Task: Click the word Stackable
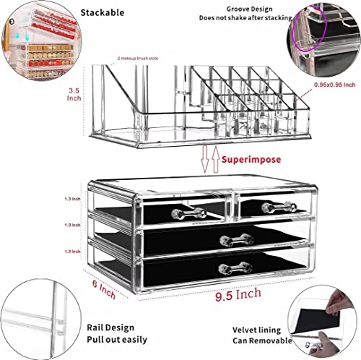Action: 123,12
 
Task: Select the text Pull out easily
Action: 118,339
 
